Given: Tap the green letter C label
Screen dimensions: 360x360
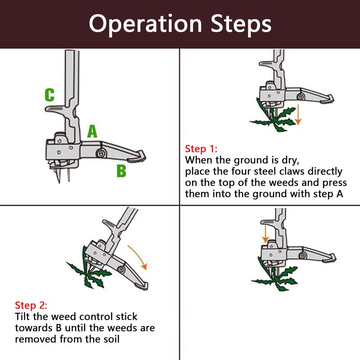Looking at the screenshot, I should click(x=49, y=95).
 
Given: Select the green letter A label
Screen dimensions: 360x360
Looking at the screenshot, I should click(x=92, y=131).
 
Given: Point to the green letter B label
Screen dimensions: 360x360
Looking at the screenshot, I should click(x=121, y=171).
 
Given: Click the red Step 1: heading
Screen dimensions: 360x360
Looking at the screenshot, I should click(x=201, y=148).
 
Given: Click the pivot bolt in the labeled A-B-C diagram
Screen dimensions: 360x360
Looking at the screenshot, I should click(x=100, y=153).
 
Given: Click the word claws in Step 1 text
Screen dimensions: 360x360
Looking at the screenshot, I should click(x=286, y=171).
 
